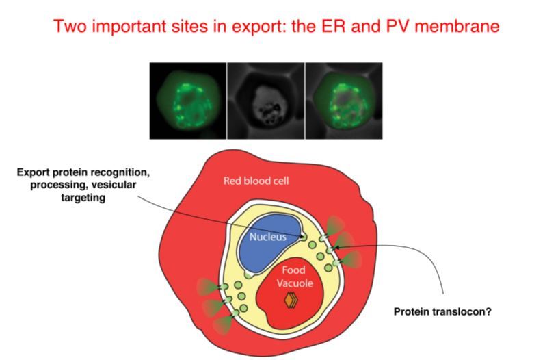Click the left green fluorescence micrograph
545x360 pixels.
(x=187, y=100)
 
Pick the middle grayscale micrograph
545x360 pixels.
(x=265, y=100)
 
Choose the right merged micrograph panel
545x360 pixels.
(x=343, y=100)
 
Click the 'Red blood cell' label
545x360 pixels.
(x=254, y=181)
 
